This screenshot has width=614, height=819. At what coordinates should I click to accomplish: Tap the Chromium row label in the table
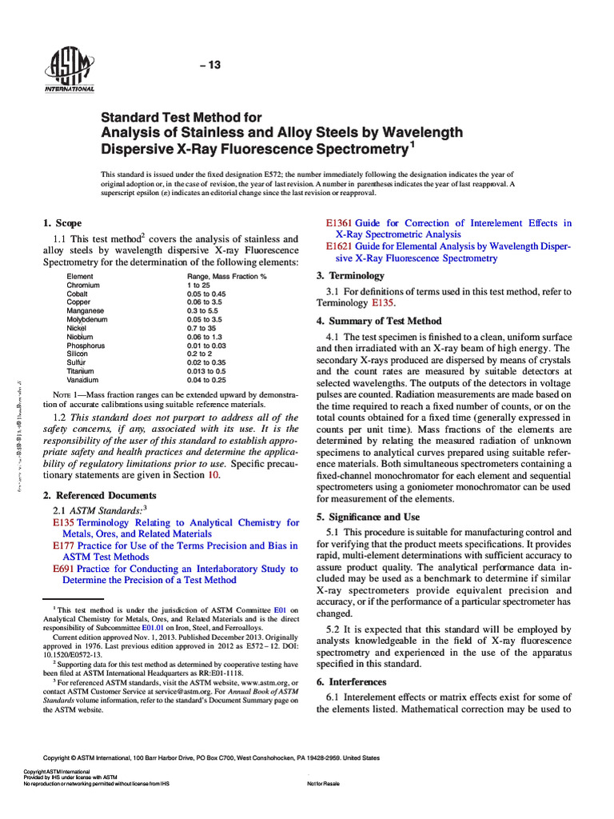coord(83,285)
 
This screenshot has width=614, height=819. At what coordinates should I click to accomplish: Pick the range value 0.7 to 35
coord(201,328)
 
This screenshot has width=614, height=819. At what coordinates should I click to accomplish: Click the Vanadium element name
coord(82,380)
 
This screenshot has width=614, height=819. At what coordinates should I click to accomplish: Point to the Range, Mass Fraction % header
coord(226,276)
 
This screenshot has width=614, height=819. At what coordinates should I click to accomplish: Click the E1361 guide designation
coord(337,223)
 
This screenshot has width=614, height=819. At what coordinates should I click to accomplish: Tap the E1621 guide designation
coord(337,246)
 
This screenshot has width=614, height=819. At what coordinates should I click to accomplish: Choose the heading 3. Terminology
coord(350,275)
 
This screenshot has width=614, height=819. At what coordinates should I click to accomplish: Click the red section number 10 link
coord(213,474)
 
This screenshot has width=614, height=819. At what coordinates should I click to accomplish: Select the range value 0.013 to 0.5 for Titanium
coord(206,371)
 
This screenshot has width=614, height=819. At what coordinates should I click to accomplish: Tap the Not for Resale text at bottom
coord(323,783)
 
